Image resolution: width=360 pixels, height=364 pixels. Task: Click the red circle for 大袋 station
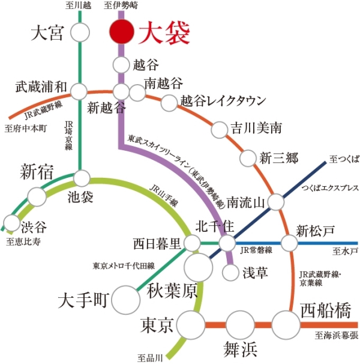[x=122, y=32]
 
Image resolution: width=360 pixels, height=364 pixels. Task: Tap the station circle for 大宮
[x=80, y=32]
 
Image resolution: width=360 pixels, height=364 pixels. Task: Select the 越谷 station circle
[x=121, y=65]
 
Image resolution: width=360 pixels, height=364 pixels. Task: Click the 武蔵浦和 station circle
[x=79, y=92]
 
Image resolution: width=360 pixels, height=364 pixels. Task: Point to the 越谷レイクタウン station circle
[x=169, y=103]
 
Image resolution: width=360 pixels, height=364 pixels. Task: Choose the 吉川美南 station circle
[x=219, y=130]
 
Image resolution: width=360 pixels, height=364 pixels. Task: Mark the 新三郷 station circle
[x=248, y=159]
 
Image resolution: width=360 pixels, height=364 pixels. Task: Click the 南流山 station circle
[x=276, y=202]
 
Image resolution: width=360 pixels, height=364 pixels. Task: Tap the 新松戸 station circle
[x=289, y=243]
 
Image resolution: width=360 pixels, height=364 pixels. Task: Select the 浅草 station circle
[x=230, y=272]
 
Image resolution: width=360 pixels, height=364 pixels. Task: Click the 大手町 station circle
[x=126, y=300]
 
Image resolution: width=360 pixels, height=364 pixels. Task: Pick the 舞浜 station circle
[x=241, y=325]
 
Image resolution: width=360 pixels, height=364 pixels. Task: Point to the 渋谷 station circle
[x=11, y=223]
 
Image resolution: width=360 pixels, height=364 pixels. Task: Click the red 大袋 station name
[x=164, y=32]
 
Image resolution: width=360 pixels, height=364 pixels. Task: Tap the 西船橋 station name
[x=326, y=310]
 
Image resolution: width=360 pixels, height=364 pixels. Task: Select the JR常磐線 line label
[x=256, y=250]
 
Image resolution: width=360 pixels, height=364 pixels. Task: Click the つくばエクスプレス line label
[x=331, y=188]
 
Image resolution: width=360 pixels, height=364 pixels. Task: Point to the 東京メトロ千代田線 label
[x=124, y=265]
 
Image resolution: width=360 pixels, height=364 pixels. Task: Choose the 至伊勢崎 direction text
[x=121, y=5]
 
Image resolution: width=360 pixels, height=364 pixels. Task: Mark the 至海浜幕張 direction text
[x=337, y=335]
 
